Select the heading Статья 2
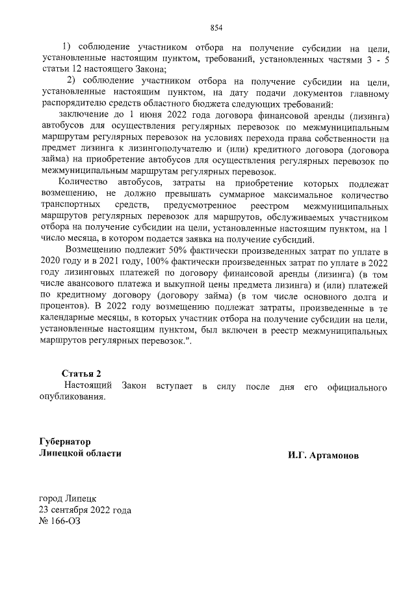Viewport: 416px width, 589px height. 81,374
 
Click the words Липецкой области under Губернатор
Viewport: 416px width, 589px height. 80,453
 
